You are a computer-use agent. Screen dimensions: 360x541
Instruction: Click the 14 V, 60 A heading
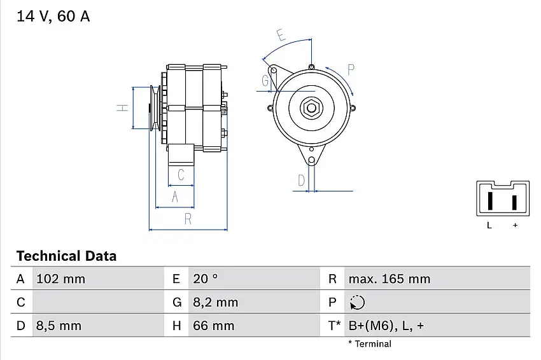click(53, 17)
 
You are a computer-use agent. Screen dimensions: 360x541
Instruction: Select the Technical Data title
click(66, 256)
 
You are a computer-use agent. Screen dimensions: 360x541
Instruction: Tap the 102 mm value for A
click(60, 279)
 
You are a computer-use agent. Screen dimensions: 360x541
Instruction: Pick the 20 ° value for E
click(205, 279)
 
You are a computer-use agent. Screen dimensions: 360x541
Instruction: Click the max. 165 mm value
click(389, 279)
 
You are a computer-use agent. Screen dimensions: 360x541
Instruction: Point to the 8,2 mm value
click(215, 302)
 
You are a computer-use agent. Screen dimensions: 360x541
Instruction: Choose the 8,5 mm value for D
click(59, 326)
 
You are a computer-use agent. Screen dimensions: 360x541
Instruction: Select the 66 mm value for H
click(213, 326)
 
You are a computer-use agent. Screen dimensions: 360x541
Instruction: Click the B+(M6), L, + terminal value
click(386, 326)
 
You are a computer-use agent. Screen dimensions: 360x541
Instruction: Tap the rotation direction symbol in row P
click(358, 302)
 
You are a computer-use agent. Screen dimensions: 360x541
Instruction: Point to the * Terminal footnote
click(370, 344)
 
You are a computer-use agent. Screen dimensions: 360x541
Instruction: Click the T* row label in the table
click(334, 326)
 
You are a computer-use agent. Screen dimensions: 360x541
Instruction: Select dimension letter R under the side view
click(188, 219)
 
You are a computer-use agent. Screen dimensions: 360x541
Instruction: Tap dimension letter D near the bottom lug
click(301, 181)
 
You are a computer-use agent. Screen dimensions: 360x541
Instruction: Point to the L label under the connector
click(489, 225)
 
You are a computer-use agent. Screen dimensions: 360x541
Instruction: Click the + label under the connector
click(515, 225)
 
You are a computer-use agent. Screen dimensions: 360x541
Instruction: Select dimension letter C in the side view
click(181, 175)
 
